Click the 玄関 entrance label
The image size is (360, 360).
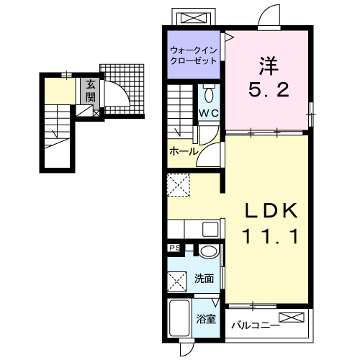[x=91, y=91]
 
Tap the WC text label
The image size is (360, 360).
[x=209, y=113]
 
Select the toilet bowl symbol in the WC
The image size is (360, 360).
[x=209, y=94]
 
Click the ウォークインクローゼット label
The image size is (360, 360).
[x=194, y=55]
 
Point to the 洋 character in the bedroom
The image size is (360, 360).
[x=269, y=66]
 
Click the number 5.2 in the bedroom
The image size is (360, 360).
[x=269, y=90]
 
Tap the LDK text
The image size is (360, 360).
[x=271, y=210]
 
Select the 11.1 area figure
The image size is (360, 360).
[x=271, y=236]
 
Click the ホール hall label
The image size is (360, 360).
[x=184, y=151]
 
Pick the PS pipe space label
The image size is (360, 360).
[x=175, y=248]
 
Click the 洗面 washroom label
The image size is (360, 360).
[x=204, y=279]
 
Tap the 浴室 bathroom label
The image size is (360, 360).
[x=206, y=320]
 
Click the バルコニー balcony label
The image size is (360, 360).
[x=256, y=325]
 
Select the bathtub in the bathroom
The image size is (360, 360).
[x=180, y=318]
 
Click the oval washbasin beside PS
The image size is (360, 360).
[x=209, y=251]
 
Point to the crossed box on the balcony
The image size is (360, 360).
[x=292, y=318]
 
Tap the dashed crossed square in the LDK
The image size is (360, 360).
[x=179, y=185]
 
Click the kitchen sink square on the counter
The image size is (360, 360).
[x=210, y=229]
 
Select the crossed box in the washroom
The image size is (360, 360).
[x=177, y=282]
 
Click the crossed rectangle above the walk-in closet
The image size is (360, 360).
[x=194, y=18]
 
